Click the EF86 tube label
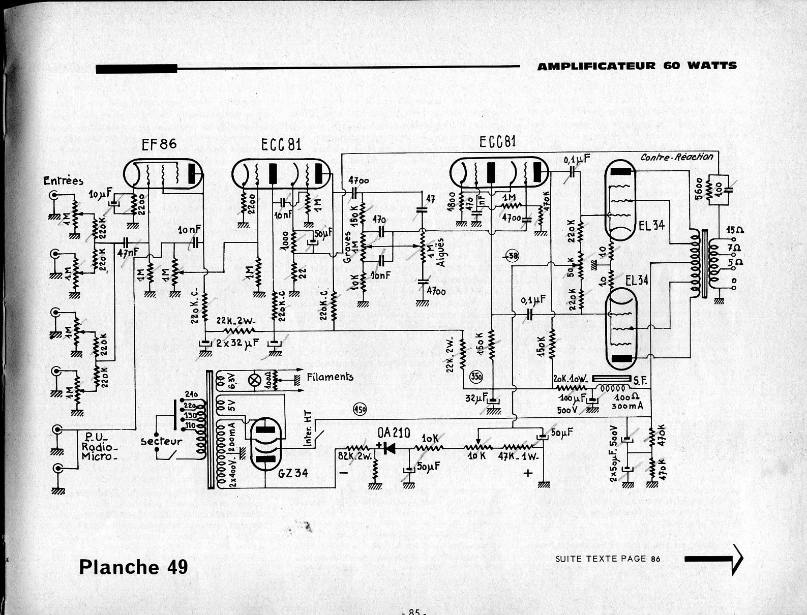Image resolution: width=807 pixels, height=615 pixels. tap(159, 144)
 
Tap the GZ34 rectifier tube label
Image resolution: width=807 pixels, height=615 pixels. tap(293, 473)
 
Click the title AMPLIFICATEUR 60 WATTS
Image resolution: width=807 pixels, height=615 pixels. tap(637, 66)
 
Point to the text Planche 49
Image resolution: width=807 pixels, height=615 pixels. tap(133, 567)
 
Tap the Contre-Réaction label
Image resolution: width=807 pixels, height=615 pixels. tap(676, 157)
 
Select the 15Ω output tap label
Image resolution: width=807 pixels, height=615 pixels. tap(735, 230)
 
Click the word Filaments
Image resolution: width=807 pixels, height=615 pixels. tap(330, 377)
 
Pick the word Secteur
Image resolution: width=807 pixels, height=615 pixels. tap(161, 441)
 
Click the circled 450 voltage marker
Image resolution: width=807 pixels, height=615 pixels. tap(359, 409)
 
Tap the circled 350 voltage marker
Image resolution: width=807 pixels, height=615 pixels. tap(477, 376)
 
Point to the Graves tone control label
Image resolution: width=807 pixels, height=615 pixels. tap(348, 247)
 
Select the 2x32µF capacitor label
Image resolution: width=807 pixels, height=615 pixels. tap(237, 344)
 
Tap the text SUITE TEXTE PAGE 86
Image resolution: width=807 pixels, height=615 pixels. tap(608, 559)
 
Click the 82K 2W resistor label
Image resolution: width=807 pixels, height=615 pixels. tap(355, 455)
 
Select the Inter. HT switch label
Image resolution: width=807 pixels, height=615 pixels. tap(308, 429)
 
